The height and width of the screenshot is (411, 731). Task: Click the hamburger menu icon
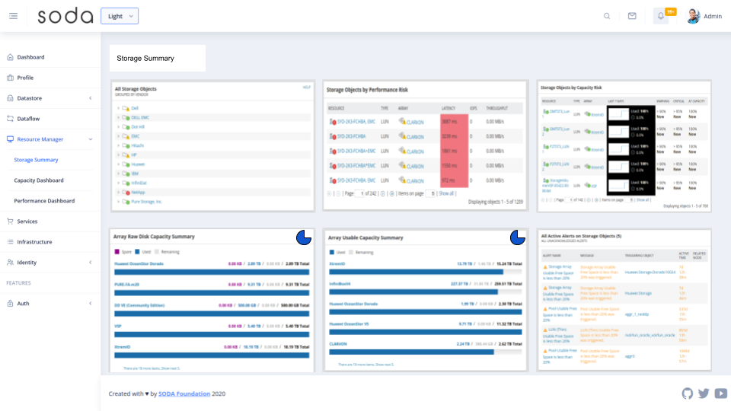(13, 16)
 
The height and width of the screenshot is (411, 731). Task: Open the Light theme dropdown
(120, 16)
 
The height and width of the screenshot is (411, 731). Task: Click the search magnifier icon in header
(607, 16)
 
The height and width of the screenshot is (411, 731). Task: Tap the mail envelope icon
(632, 16)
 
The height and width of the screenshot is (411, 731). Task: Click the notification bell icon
(661, 16)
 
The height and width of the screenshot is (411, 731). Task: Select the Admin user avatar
(693, 16)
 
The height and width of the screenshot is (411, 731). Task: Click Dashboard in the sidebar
(30, 57)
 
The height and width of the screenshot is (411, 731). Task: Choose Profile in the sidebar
(25, 78)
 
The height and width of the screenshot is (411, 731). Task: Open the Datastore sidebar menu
(30, 98)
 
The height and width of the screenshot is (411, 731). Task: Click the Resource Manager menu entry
(40, 139)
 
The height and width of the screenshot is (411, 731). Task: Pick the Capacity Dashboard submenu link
(39, 180)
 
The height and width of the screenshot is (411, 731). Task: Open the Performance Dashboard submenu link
(44, 201)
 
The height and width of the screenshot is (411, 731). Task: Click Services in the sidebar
(27, 221)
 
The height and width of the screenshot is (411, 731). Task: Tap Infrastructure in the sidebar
(34, 242)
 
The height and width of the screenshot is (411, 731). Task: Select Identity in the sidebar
(27, 263)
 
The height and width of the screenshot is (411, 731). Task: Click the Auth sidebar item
(23, 304)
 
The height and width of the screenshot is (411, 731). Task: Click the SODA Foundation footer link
(184, 393)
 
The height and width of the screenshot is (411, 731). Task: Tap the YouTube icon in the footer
(720, 393)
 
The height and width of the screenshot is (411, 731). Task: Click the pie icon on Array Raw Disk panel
(303, 237)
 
